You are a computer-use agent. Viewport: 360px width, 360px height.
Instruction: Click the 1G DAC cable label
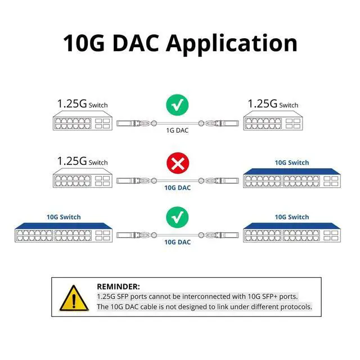[178, 130]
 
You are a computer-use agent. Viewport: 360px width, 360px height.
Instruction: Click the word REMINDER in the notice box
[118, 286]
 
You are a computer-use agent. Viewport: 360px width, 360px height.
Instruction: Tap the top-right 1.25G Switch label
[273, 104]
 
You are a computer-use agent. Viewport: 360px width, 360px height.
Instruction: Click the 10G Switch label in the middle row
[291, 163]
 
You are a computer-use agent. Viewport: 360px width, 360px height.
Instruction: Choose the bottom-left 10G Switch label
[64, 217]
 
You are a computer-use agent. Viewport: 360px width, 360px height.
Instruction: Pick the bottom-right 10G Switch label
[291, 217]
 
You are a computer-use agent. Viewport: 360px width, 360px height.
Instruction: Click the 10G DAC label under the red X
[177, 188]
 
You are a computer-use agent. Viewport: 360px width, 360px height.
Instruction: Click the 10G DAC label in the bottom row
[177, 242]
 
